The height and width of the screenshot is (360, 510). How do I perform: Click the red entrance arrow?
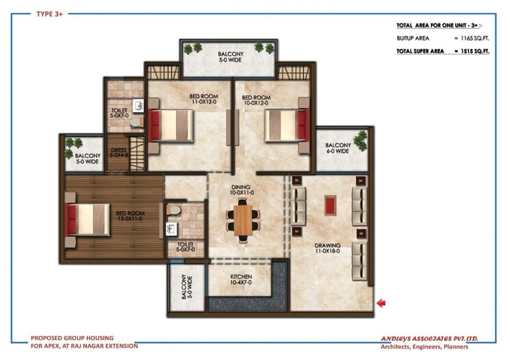(381, 303)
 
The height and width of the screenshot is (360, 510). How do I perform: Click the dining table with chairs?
(242, 219)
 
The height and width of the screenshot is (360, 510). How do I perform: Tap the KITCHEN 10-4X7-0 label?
(240, 279)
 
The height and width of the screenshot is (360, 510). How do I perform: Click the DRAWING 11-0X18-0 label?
(329, 248)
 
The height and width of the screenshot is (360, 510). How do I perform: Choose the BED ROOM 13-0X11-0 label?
(129, 215)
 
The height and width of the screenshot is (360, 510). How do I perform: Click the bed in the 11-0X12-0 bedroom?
(171, 125)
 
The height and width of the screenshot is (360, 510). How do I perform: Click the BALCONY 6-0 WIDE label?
(337, 148)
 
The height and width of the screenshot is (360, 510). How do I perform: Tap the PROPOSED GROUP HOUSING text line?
(72, 337)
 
